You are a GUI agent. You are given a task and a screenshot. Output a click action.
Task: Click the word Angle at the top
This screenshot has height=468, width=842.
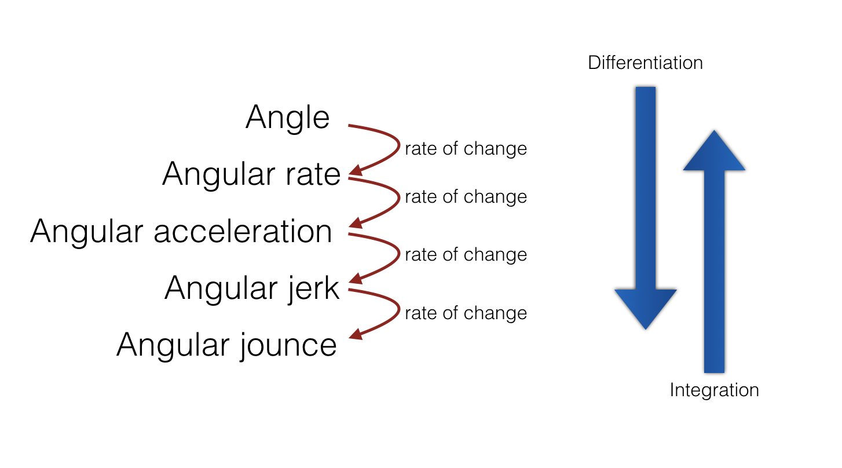click(288, 118)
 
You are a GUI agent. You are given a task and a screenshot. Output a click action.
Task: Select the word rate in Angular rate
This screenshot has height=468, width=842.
click(313, 174)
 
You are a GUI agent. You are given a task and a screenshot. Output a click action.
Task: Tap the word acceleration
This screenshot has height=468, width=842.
click(243, 232)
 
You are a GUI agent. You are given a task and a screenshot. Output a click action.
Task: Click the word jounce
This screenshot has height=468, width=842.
click(288, 345)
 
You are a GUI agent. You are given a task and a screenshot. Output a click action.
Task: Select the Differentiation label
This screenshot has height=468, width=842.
click(646, 63)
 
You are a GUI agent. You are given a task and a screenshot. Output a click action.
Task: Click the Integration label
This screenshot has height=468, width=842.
click(714, 390)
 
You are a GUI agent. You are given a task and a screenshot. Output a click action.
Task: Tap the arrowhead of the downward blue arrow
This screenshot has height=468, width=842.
click(646, 309)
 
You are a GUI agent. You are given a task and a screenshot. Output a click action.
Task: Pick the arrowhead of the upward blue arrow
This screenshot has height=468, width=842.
click(714, 151)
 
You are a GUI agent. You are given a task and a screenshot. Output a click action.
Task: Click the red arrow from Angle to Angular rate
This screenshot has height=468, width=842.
click(399, 146)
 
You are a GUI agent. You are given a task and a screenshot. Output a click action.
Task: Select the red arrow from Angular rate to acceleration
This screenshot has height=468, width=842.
click(399, 199)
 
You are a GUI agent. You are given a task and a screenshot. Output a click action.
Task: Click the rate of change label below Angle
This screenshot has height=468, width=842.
click(466, 149)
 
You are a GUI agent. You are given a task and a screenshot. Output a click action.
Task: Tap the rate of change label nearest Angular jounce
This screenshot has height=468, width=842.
click(466, 313)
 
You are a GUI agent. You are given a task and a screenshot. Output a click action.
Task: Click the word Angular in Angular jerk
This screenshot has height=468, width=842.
click(221, 290)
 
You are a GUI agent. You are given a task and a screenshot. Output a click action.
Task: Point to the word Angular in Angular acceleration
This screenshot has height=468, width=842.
click(87, 232)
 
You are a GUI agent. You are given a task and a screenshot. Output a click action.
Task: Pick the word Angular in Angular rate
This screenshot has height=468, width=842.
click(219, 175)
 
